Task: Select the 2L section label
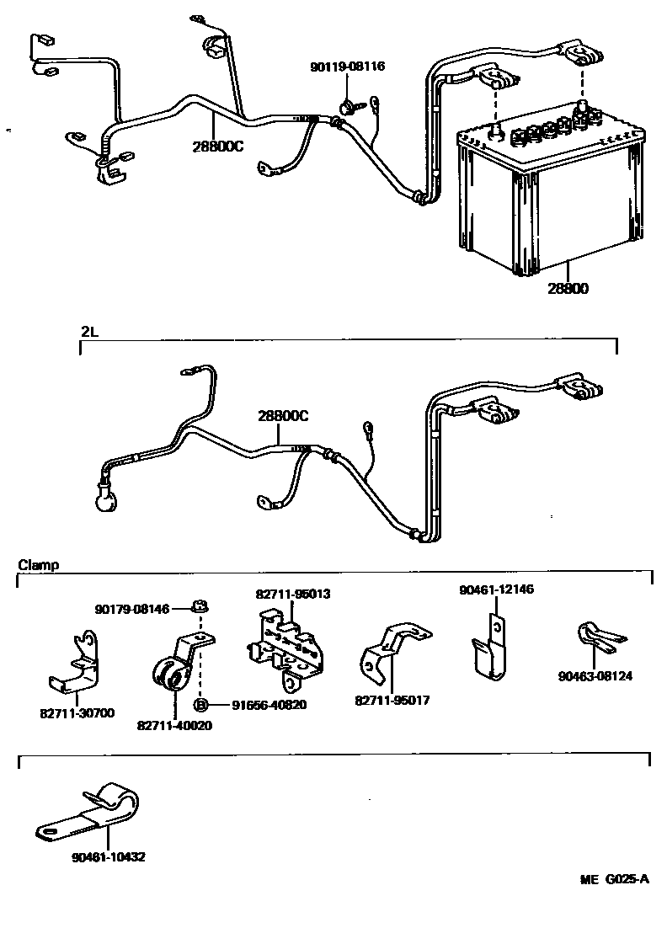(x=89, y=331)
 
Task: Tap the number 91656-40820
(x=257, y=705)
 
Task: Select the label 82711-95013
(x=293, y=594)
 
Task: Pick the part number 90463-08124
(x=595, y=675)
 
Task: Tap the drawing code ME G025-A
(x=615, y=881)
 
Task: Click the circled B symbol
(x=201, y=705)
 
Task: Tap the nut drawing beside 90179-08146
(x=200, y=605)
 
